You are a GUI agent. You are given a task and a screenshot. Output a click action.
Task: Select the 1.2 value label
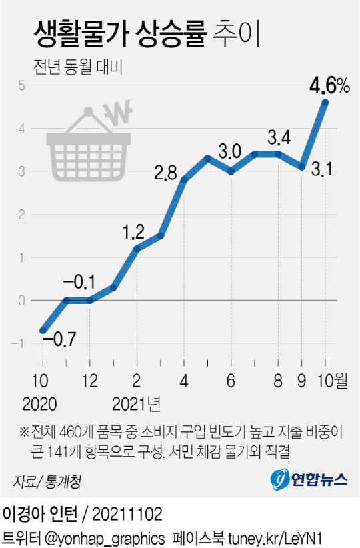[134, 233]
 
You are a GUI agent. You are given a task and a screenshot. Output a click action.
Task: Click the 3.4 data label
[279, 139]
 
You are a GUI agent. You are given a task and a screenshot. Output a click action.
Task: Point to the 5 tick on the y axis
[22, 85]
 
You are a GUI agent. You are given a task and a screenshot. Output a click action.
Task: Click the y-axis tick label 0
[22, 301]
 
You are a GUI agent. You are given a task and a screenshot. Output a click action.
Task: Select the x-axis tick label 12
[89, 381]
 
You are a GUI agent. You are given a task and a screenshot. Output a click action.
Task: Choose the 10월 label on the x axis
[331, 381]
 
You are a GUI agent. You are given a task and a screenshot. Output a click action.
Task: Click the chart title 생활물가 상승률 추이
[141, 33]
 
